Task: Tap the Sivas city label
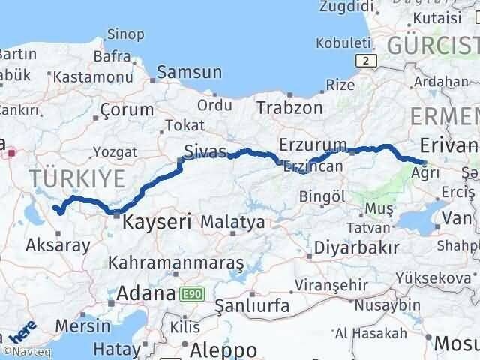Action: click(205, 152)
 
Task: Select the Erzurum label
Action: click(313, 145)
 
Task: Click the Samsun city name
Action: click(190, 73)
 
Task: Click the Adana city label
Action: click(145, 293)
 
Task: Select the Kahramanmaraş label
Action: click(176, 263)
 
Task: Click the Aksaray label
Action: click(58, 244)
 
